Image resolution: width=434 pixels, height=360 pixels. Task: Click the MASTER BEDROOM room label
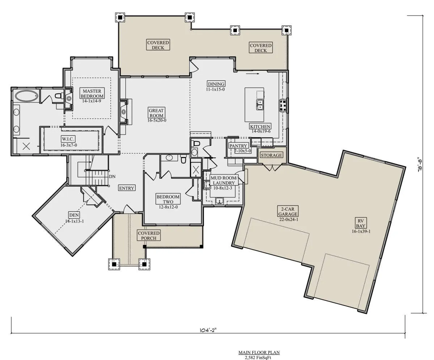92,94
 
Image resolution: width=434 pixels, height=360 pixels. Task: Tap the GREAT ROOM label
156,113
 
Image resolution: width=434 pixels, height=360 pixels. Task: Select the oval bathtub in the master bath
27,96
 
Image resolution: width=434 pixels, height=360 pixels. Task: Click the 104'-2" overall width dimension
208,330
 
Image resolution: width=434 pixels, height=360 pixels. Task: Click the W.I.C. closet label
68,139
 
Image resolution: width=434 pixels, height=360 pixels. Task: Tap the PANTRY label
238,146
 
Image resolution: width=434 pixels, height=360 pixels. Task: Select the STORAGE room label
271,155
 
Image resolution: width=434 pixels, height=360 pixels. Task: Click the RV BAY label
361,223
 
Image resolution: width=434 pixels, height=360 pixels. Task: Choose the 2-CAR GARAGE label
288,211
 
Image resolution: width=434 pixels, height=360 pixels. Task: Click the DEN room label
74,215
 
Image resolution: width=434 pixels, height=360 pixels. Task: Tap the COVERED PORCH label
149,236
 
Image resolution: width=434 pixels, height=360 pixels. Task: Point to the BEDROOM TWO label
168,199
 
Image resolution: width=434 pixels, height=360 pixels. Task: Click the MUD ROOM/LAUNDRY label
224,180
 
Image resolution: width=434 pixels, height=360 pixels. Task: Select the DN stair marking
112,177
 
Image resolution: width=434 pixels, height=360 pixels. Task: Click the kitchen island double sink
260,105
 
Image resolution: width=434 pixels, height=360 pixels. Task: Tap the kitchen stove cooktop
283,105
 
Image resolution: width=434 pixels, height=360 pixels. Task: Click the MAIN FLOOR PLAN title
259,352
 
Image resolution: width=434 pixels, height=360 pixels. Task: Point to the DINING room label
216,84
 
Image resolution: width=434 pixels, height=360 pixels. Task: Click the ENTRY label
127,188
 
